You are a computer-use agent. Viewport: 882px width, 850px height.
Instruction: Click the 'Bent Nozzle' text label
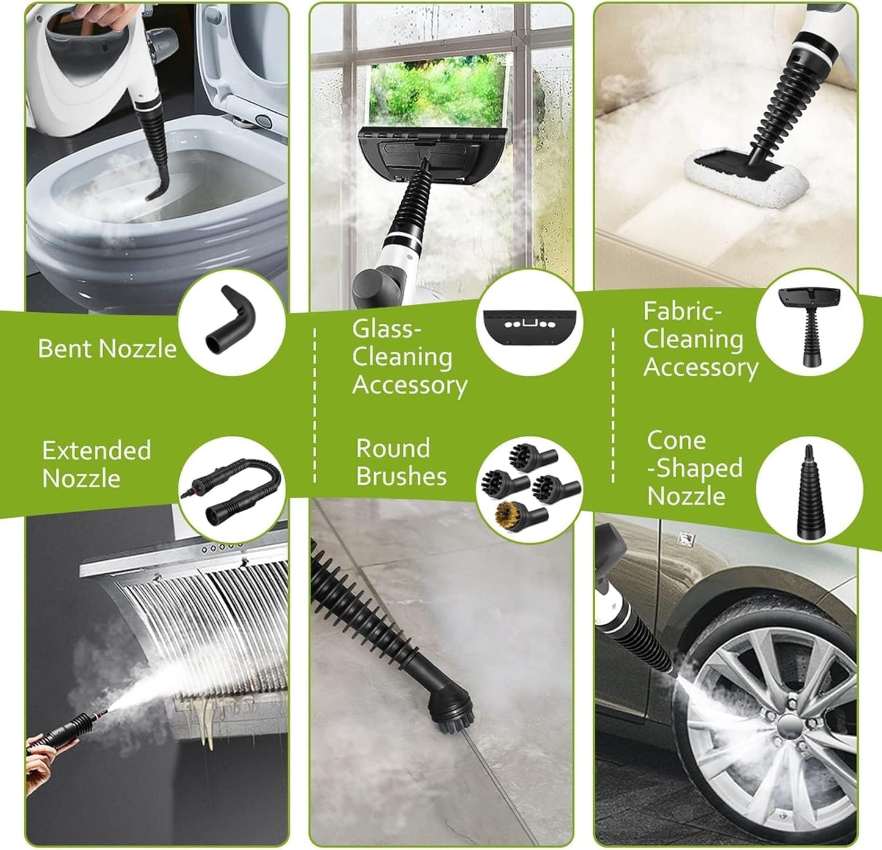tap(107, 349)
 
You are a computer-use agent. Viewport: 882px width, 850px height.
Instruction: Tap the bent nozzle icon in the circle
tap(231, 322)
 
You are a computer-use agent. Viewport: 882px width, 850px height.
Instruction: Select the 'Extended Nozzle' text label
tap(96, 464)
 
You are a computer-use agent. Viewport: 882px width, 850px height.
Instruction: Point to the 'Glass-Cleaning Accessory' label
tap(409, 357)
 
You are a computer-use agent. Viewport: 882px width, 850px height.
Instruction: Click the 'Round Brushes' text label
tap(401, 462)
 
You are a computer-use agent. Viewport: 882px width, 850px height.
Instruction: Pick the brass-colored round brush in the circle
tap(511, 513)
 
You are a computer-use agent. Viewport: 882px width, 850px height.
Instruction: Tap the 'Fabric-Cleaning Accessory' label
tap(699, 340)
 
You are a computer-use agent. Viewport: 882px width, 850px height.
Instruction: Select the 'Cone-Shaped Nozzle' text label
tap(693, 468)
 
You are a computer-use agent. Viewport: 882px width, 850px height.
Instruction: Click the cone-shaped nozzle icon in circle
tap(809, 494)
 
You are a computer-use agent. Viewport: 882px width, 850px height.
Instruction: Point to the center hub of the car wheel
tap(787, 726)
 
